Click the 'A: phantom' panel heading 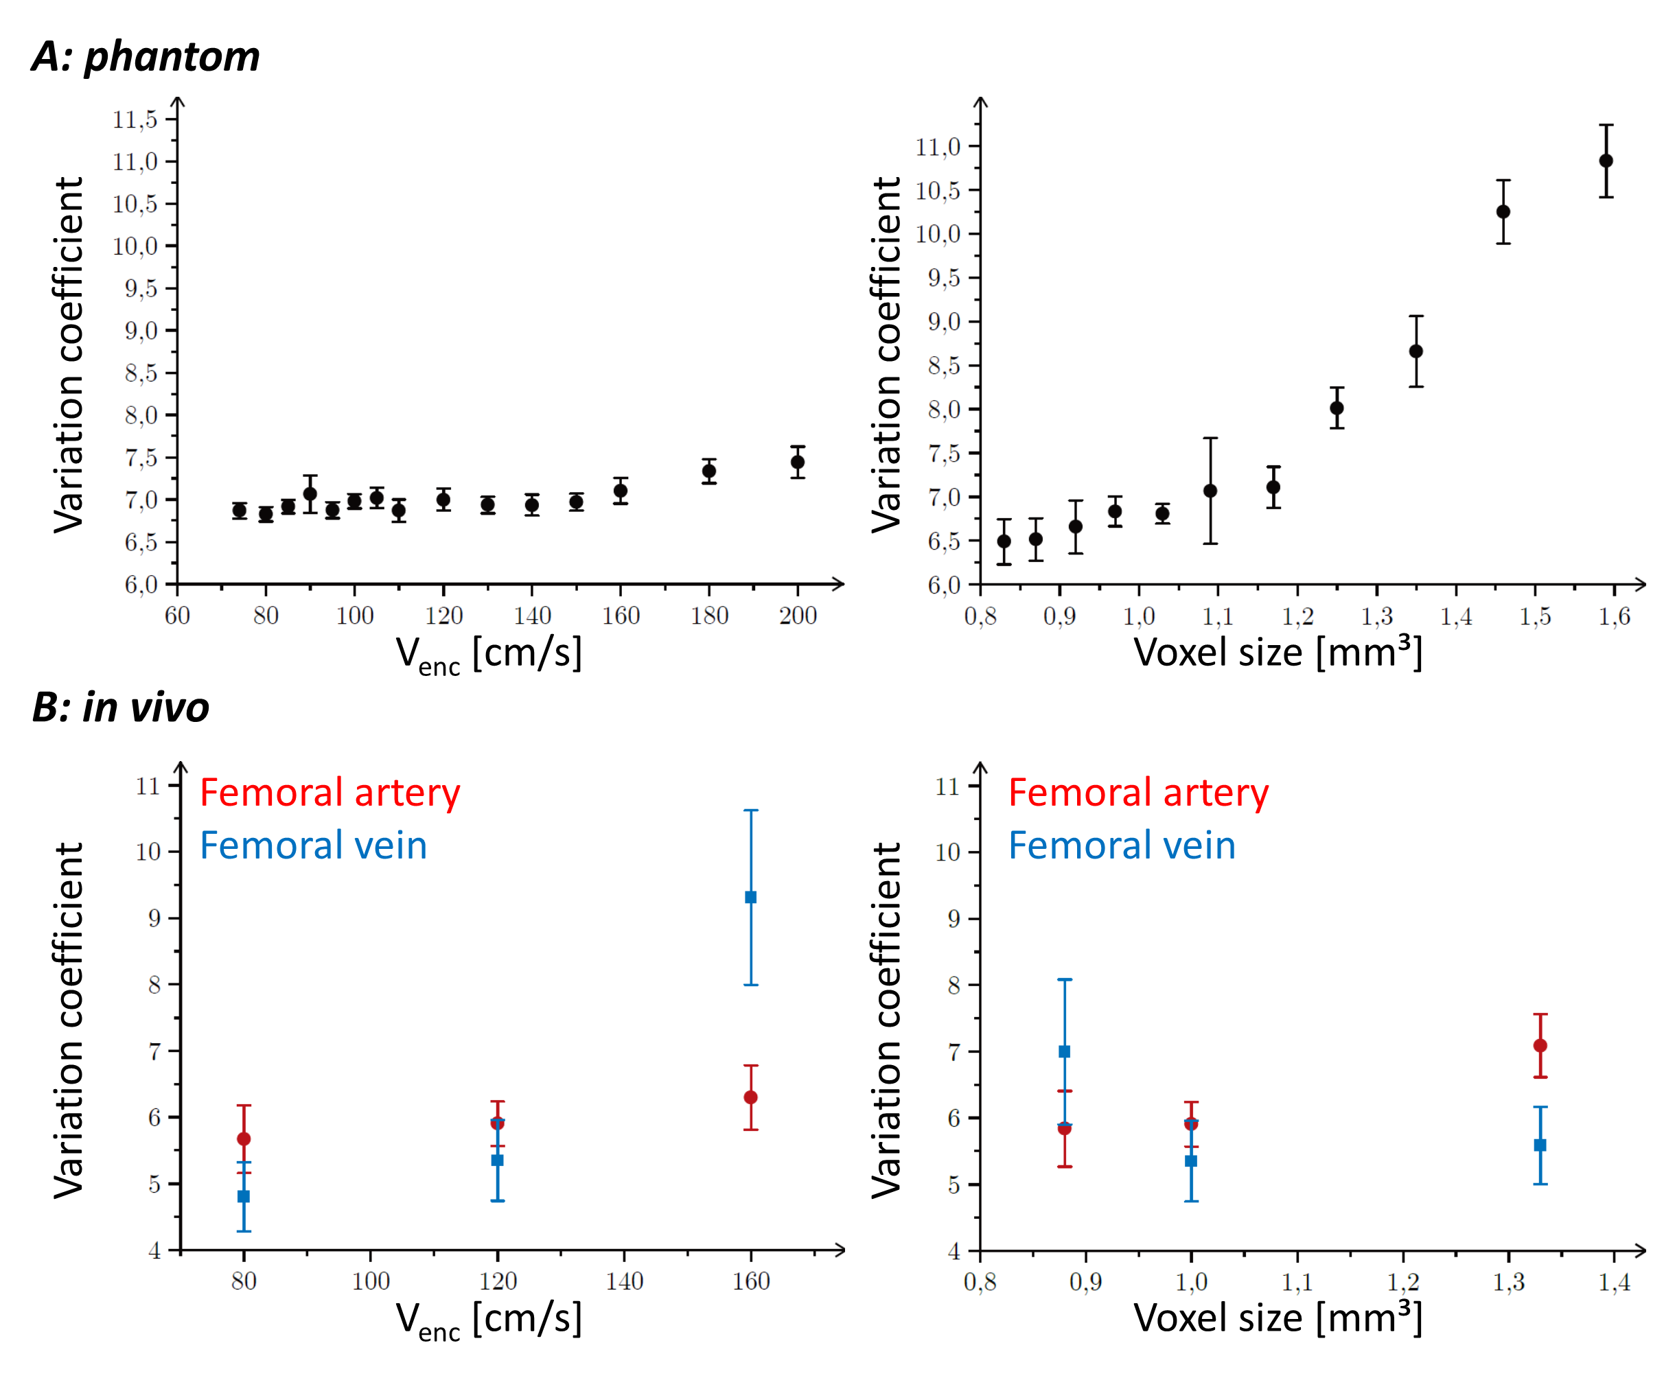(146, 57)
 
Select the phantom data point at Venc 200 (797, 462)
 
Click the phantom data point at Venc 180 (709, 471)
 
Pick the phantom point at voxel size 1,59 (1605, 161)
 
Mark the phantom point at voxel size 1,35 (1416, 351)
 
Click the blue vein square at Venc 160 (750, 897)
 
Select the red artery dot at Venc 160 (750, 1097)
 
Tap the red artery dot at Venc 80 (244, 1139)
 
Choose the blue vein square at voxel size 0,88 (1065, 1052)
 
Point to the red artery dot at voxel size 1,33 (1540, 1045)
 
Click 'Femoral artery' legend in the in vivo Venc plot (330, 793)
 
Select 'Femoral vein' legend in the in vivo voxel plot (1122, 845)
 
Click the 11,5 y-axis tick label (135, 120)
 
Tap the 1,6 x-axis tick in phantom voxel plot (1614, 616)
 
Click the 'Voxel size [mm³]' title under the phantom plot (1278, 653)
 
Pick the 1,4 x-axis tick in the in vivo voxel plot (1614, 1282)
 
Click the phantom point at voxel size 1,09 (1210, 491)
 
